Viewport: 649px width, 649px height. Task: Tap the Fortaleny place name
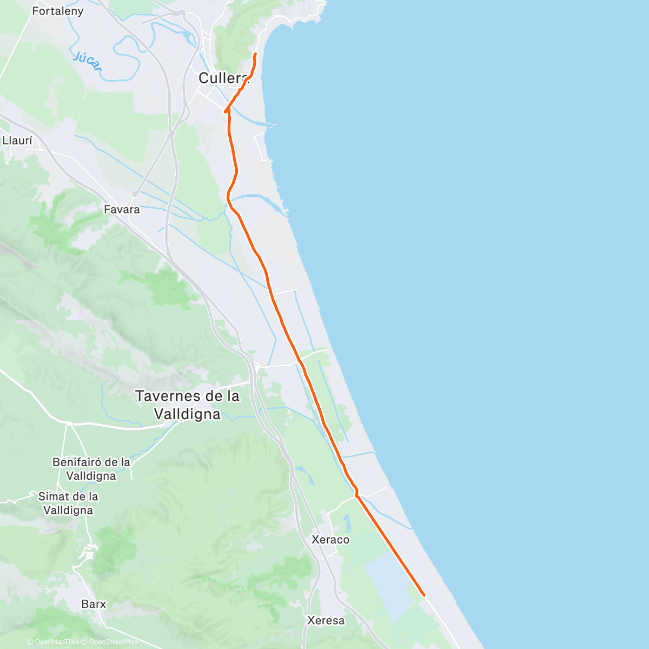click(58, 11)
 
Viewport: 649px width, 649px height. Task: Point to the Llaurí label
click(17, 141)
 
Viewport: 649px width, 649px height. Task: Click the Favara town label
click(122, 209)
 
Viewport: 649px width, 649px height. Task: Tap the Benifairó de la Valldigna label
click(91, 469)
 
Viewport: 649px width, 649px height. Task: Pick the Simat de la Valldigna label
click(68, 503)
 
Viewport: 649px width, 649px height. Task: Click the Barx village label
click(94, 604)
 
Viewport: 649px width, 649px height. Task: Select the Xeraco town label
click(330, 540)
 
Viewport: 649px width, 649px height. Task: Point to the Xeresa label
click(326, 620)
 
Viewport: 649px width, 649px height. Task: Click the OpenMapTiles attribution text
click(53, 642)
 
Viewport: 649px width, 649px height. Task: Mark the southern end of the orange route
click(424, 595)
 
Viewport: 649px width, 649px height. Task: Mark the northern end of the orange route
click(255, 54)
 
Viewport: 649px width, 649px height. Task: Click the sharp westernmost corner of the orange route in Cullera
click(225, 111)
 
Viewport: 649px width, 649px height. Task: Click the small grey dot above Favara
click(134, 194)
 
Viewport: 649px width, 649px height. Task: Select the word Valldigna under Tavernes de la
click(187, 414)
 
